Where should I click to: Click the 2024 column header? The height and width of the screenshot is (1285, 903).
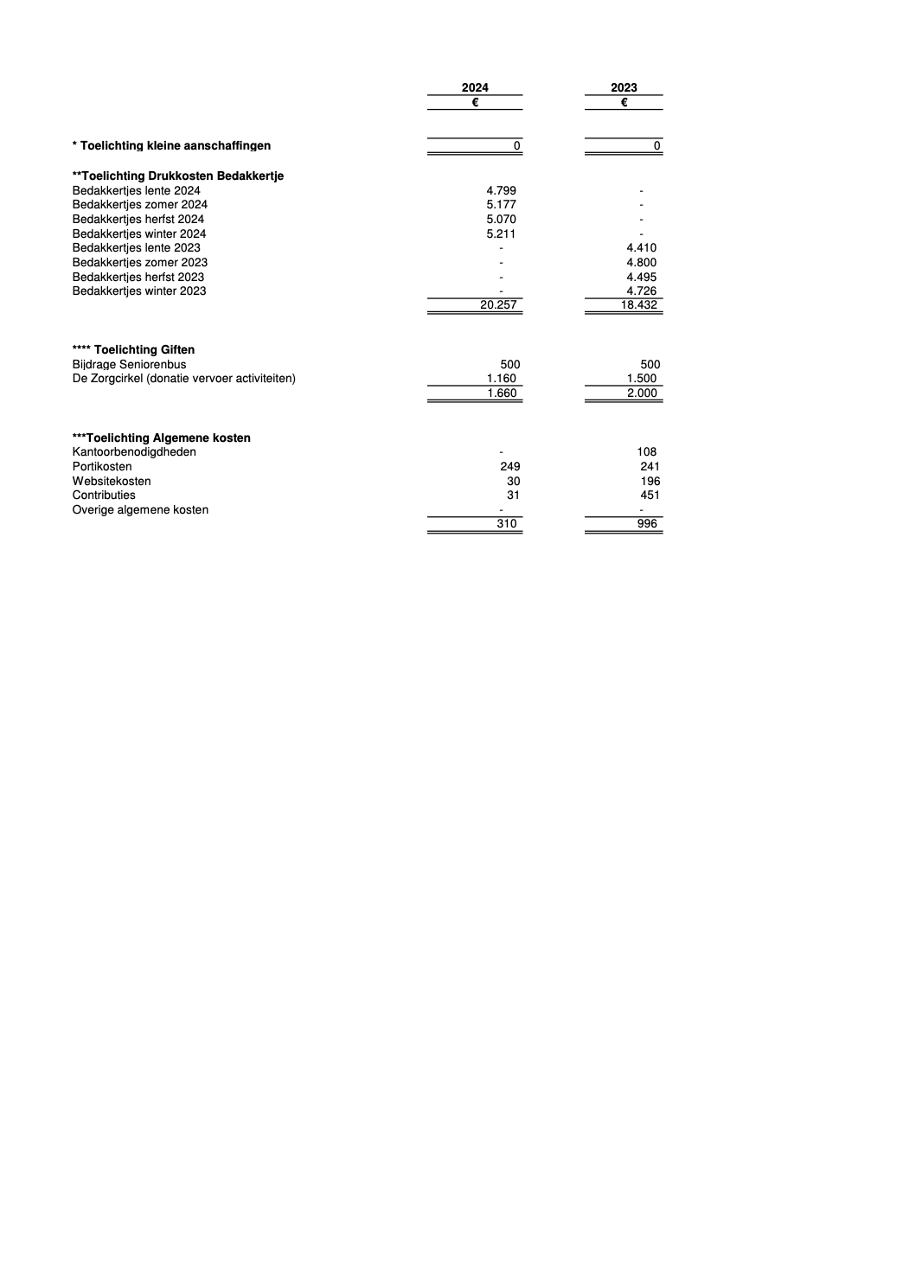click(x=475, y=87)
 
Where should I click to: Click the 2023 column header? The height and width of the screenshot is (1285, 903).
click(x=624, y=87)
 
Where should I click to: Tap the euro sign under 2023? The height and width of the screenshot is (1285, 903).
click(x=624, y=102)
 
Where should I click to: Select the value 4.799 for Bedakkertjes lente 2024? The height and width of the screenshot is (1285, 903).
click(x=501, y=190)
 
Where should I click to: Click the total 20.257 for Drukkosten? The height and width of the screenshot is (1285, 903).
click(x=498, y=305)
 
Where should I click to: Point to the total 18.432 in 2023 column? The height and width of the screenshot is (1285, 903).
click(x=639, y=305)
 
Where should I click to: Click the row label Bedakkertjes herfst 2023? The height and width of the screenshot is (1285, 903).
click(x=138, y=277)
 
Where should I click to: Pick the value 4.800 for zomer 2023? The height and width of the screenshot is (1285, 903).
click(x=641, y=262)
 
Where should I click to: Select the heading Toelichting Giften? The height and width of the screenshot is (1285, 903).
click(x=133, y=349)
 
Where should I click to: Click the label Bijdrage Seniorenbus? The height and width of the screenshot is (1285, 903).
click(x=129, y=364)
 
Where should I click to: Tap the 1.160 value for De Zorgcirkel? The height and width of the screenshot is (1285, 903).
click(x=501, y=378)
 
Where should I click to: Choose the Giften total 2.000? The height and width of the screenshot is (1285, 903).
click(x=642, y=393)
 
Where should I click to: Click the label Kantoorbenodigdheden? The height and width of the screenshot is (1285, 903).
click(x=134, y=451)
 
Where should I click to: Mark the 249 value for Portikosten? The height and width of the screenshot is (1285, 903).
click(x=510, y=466)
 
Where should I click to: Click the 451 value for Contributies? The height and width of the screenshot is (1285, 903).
click(x=650, y=495)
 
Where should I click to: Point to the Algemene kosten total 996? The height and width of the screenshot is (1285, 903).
click(x=646, y=523)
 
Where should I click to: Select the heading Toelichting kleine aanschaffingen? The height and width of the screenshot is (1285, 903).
click(x=171, y=145)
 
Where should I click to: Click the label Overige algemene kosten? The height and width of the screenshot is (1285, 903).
click(x=140, y=509)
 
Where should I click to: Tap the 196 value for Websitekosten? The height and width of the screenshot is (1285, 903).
click(x=650, y=481)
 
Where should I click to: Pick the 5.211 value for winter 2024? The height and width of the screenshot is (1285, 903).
click(x=501, y=233)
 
